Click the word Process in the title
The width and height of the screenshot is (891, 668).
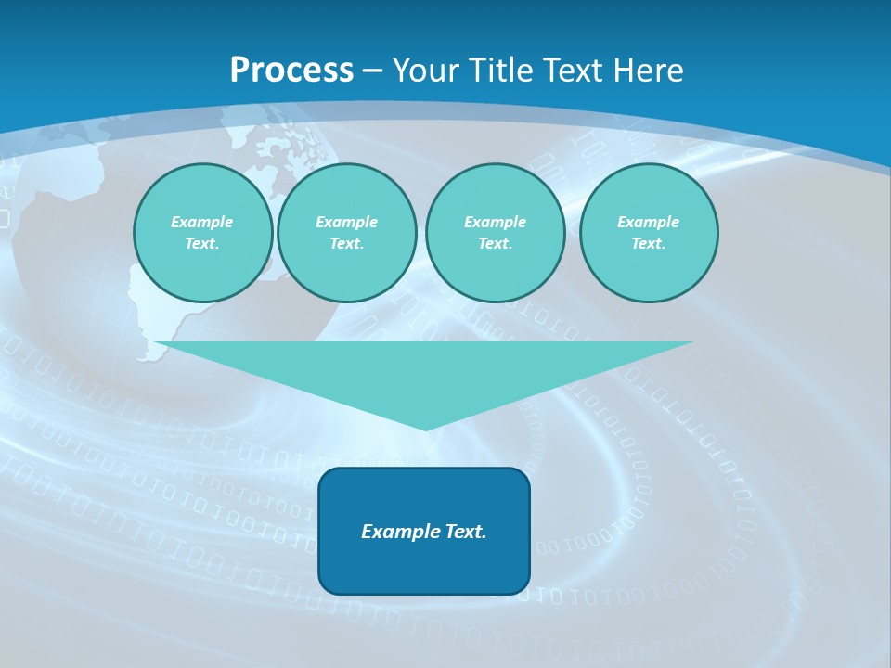click(x=291, y=71)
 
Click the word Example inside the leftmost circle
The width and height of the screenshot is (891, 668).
click(x=202, y=222)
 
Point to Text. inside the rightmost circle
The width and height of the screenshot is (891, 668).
click(x=649, y=243)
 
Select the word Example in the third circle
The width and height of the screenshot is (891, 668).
click(x=495, y=222)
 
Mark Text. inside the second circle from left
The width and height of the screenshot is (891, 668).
click(x=346, y=243)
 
